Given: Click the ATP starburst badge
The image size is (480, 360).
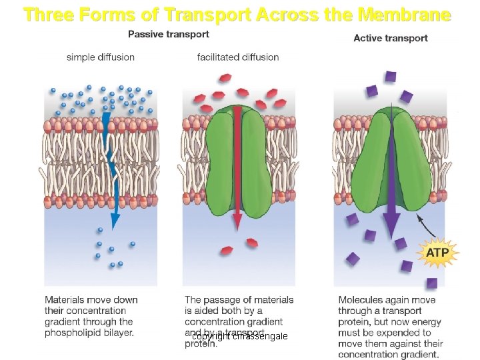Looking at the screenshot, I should pos(437,253).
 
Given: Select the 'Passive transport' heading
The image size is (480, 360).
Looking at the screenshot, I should pos(168,34).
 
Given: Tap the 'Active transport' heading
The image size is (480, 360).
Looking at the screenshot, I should pos(391,38).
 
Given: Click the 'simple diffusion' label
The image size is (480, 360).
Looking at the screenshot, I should pos(101,57).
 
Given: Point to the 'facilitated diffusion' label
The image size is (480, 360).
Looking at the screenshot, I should pos(238,57).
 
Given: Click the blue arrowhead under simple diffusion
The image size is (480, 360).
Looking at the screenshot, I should pos(115,219).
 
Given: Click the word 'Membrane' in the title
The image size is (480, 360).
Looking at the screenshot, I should pos(405,14).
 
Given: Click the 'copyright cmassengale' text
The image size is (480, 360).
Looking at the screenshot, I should pos(240,337).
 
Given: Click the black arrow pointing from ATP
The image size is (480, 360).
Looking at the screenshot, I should pos(426,227).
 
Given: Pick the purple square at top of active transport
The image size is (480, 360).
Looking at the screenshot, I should pos(391,76).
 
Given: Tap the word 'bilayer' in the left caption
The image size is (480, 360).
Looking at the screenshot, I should pos(118,333).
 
